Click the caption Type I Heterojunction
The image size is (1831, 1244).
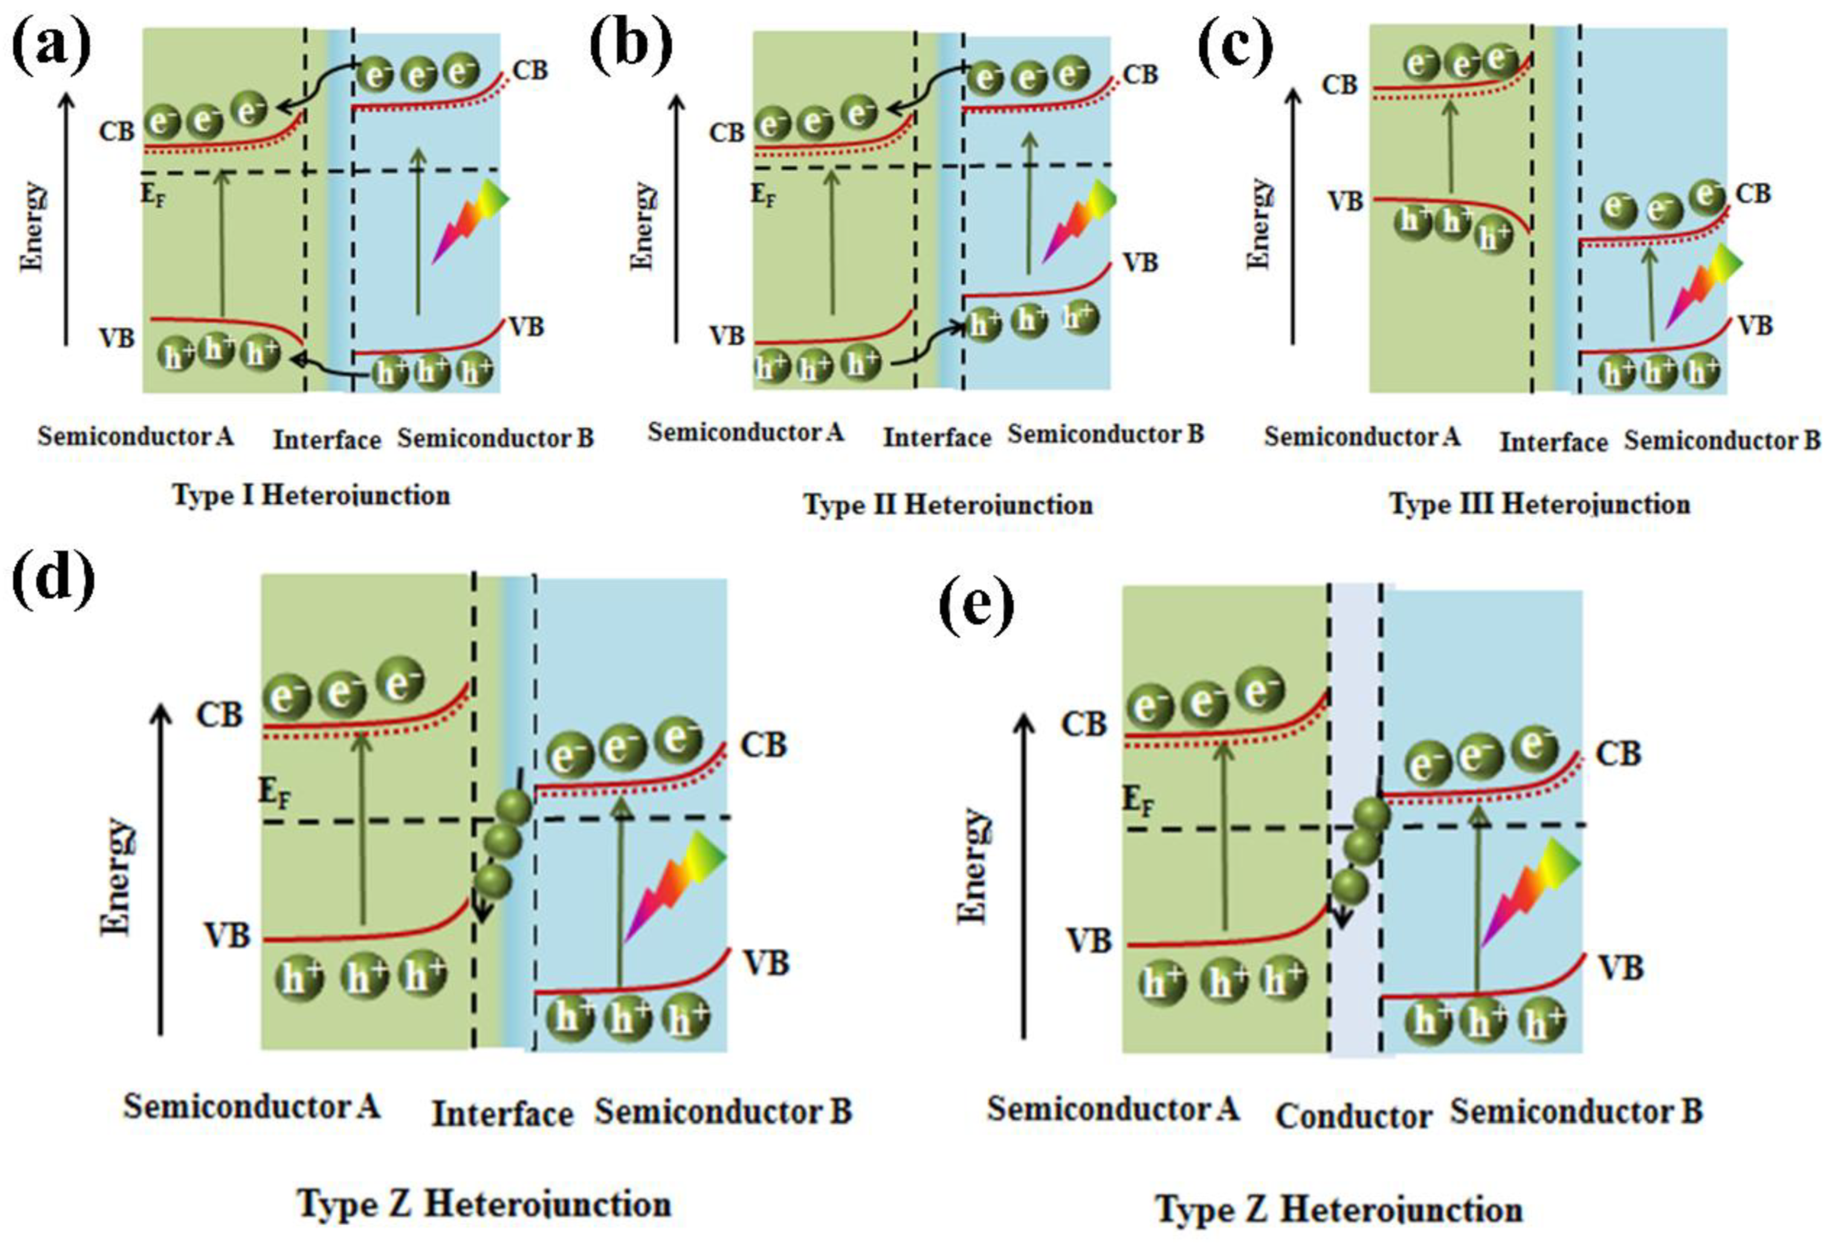click(x=311, y=496)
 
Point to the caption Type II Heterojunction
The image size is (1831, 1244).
click(x=948, y=504)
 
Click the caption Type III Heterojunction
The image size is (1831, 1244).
click(x=1540, y=503)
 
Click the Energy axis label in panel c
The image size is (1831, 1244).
click(x=1261, y=224)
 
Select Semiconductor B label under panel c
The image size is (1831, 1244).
click(x=1722, y=441)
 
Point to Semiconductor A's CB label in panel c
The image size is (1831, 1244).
click(x=1339, y=84)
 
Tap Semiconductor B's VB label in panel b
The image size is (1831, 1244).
click(x=1140, y=262)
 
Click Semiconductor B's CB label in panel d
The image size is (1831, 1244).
click(x=763, y=745)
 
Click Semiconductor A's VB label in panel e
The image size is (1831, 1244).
click(x=1089, y=940)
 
